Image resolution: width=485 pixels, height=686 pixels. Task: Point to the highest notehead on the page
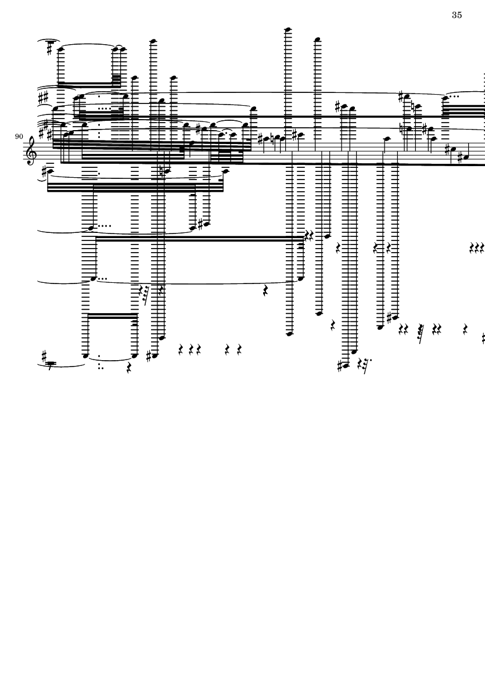[287, 28]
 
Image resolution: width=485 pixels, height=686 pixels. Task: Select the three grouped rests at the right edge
[476, 250]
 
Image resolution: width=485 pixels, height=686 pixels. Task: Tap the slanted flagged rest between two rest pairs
[419, 329]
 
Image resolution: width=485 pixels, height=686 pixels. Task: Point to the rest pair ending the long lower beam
[309, 235]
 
